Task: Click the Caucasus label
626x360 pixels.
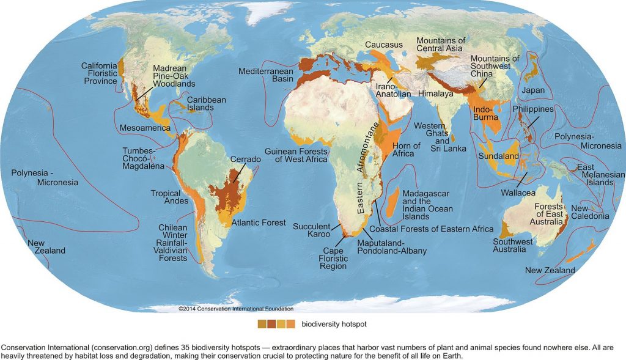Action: pos(385,45)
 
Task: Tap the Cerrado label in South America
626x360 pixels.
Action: pos(245,160)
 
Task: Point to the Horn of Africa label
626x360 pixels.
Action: pos(406,150)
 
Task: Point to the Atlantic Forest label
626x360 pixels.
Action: pos(259,223)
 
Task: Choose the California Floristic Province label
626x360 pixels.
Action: pos(100,73)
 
